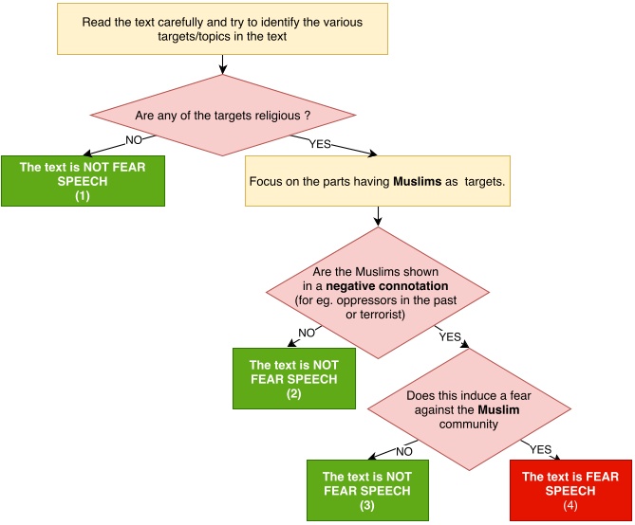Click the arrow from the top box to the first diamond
(221, 63)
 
